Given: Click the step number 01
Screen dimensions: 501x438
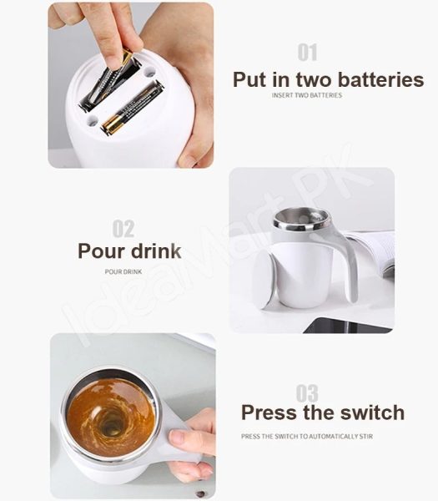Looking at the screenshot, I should coord(307,53).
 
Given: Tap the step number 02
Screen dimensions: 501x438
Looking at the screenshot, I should coord(123,228).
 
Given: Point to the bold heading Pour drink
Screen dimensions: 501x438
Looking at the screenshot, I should coord(129,250).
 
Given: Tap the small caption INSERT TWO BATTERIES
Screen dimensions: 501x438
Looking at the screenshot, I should coord(306,95).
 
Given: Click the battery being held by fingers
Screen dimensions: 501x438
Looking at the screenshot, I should coord(111,80).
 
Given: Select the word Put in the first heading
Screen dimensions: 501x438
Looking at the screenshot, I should coord(249,80).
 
